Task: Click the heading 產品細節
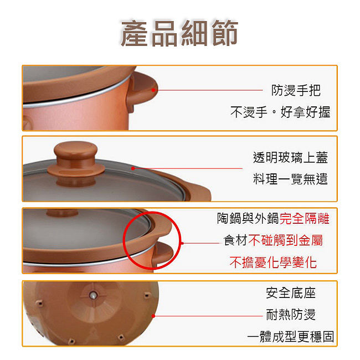[x=179, y=33]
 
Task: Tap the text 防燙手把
[x=296, y=90]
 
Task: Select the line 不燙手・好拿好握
[x=280, y=112]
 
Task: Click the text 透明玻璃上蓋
[x=290, y=157]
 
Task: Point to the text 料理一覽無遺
[x=290, y=179]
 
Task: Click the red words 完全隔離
[x=305, y=218]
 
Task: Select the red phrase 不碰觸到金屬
[x=286, y=240]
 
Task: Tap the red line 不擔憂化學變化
[x=273, y=262]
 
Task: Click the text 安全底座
[x=291, y=293]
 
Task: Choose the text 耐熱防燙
[x=291, y=315]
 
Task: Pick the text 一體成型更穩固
[x=290, y=337]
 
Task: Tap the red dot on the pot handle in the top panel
[x=153, y=90]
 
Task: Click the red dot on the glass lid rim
[x=133, y=168]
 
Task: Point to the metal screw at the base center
[x=93, y=296]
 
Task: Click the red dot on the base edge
[x=153, y=316]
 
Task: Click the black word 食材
[x=236, y=240]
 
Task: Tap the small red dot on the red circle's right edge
[x=182, y=243]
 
